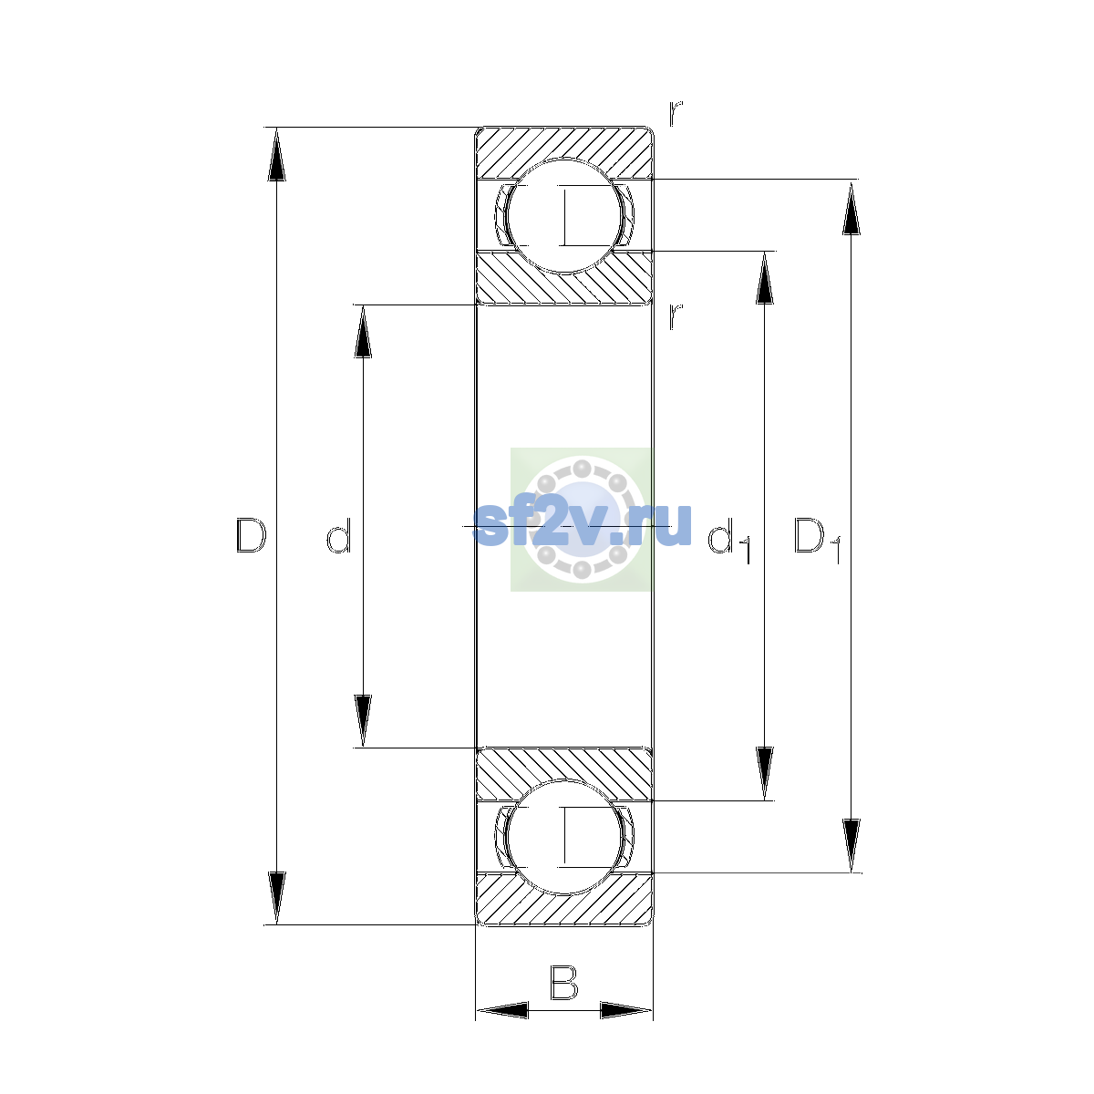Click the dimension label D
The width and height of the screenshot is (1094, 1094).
tap(251, 535)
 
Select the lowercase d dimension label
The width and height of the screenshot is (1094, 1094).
tap(339, 535)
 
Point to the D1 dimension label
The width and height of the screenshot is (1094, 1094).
tap(817, 540)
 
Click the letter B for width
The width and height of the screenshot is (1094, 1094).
tap(563, 982)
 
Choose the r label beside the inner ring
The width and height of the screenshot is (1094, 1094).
tap(676, 316)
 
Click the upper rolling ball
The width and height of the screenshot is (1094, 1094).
tap(563, 216)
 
